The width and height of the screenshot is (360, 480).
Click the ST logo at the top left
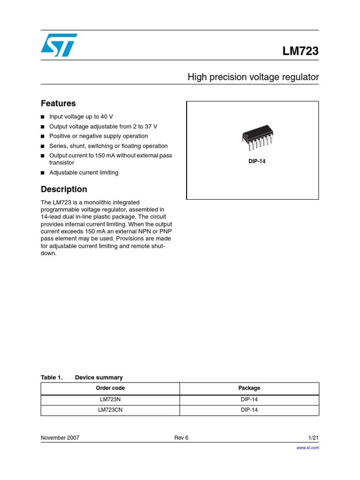click(59, 45)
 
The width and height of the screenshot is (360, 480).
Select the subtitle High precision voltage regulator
click(253, 77)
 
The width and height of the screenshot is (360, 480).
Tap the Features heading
click(58, 104)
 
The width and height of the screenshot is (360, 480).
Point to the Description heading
click(64, 189)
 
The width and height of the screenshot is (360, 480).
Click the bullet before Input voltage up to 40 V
click(43, 117)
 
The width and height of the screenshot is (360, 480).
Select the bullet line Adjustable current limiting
click(84, 172)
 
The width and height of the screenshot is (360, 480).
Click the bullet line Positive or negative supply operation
click(98, 136)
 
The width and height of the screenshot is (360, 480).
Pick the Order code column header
click(110, 388)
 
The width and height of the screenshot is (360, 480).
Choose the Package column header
click(249, 388)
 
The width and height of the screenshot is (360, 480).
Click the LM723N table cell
click(110, 399)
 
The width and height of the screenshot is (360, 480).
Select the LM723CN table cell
click(110, 410)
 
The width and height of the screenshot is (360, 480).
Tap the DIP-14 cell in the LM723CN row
click(249, 410)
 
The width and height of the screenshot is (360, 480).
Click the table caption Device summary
click(98, 377)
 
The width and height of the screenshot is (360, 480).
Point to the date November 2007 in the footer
click(60, 438)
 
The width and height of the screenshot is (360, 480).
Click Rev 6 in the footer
click(181, 438)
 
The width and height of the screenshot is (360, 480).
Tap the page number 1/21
click(313, 438)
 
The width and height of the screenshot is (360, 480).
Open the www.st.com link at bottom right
click(307, 448)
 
